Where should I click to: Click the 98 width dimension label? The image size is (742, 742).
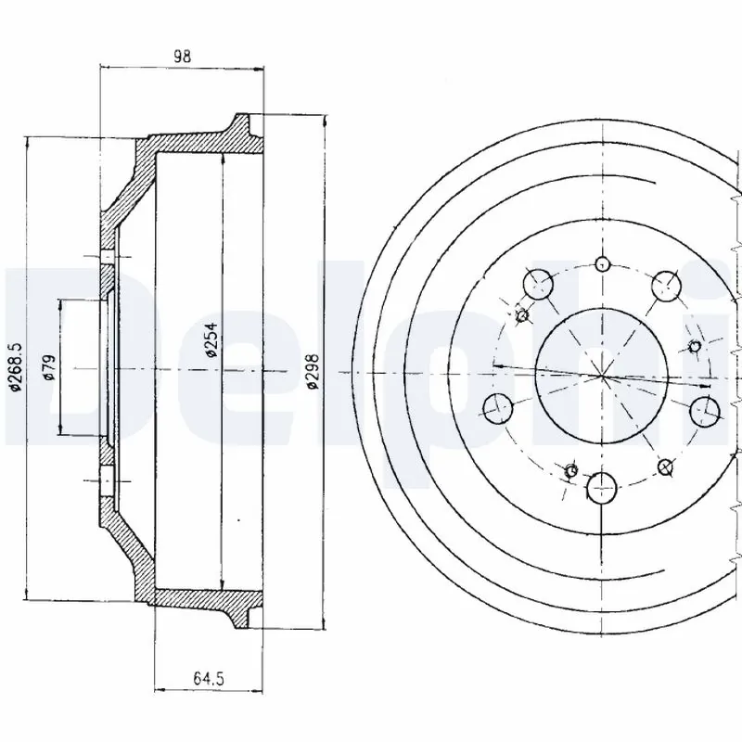[x=182, y=57]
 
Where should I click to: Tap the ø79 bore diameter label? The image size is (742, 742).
[x=49, y=368]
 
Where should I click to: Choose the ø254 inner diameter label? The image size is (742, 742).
[x=211, y=342]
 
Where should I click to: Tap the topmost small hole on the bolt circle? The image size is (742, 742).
[x=602, y=262]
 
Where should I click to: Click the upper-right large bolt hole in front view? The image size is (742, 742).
[x=666, y=287]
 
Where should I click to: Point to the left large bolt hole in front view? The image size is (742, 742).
[x=499, y=405]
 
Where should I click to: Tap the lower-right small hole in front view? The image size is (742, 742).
[x=664, y=466]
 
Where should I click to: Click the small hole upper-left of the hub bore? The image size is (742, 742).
[x=520, y=315]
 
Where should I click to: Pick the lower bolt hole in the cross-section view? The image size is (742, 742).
[x=108, y=480]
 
